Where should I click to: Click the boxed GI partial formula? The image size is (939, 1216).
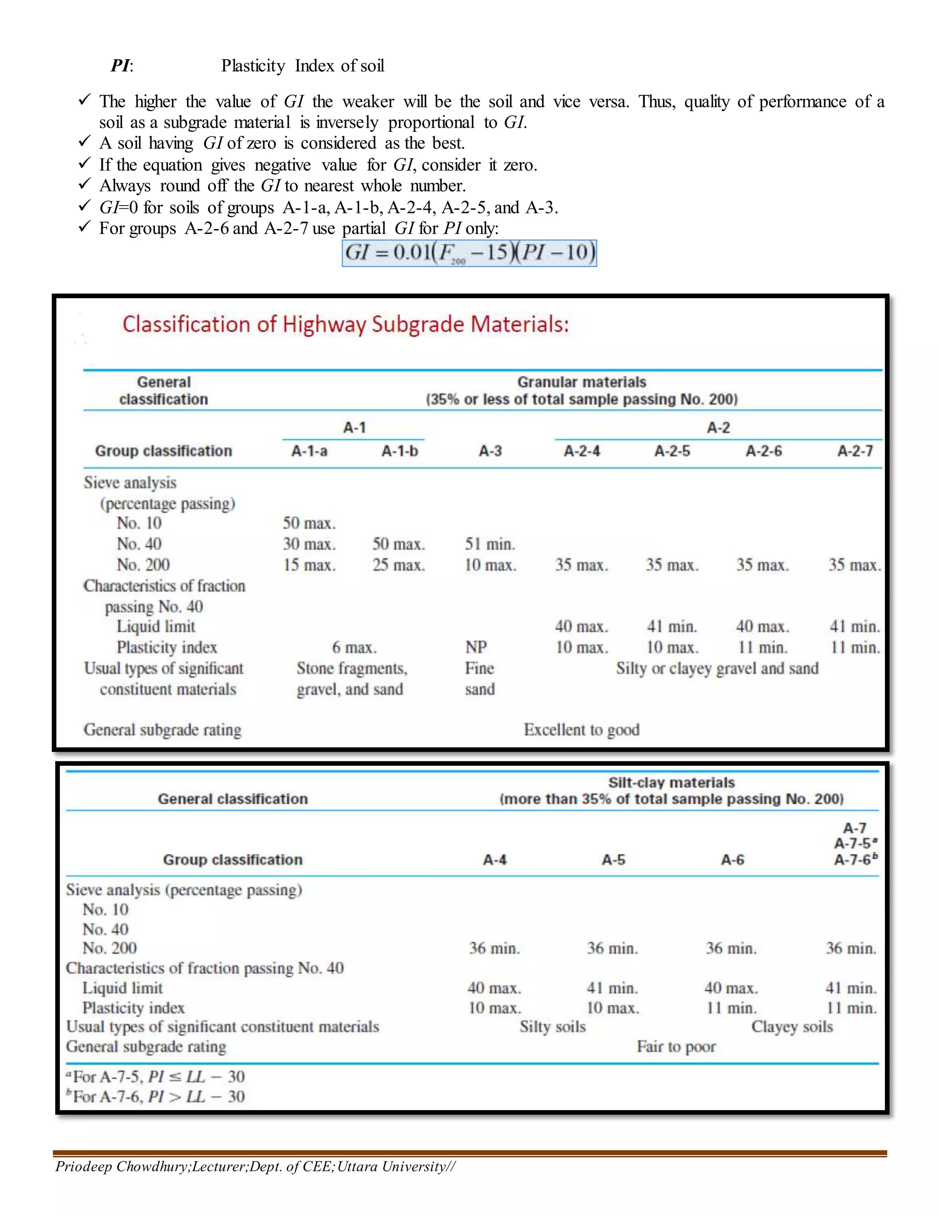(x=469, y=253)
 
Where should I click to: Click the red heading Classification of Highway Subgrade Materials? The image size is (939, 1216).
(x=345, y=324)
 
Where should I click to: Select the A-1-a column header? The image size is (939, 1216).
(x=309, y=451)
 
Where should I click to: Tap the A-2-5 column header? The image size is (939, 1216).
(x=672, y=451)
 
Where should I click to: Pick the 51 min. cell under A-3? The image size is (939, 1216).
(x=490, y=544)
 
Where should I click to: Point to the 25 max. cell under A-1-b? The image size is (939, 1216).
(x=398, y=565)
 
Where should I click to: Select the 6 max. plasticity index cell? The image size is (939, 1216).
(x=354, y=647)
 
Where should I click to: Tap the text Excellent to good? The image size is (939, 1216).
(x=581, y=730)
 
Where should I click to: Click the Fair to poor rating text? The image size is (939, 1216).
(x=676, y=1047)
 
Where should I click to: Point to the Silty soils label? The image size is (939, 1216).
(x=552, y=1026)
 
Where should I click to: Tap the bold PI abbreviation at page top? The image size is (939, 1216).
(x=121, y=66)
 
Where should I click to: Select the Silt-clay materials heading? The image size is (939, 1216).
(x=671, y=782)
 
